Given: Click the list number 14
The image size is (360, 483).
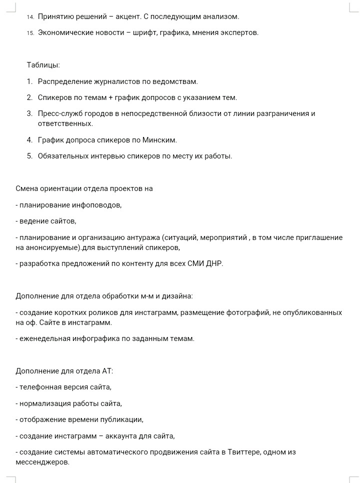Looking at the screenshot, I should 30,17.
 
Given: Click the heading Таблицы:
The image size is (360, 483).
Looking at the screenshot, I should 43,65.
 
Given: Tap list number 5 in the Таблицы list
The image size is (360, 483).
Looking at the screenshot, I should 30,156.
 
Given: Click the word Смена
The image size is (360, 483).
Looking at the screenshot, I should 27,188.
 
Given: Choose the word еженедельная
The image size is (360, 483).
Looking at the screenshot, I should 44,338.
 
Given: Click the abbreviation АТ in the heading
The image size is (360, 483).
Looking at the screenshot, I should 107,371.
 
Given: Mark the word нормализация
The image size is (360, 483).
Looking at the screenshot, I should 45,403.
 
